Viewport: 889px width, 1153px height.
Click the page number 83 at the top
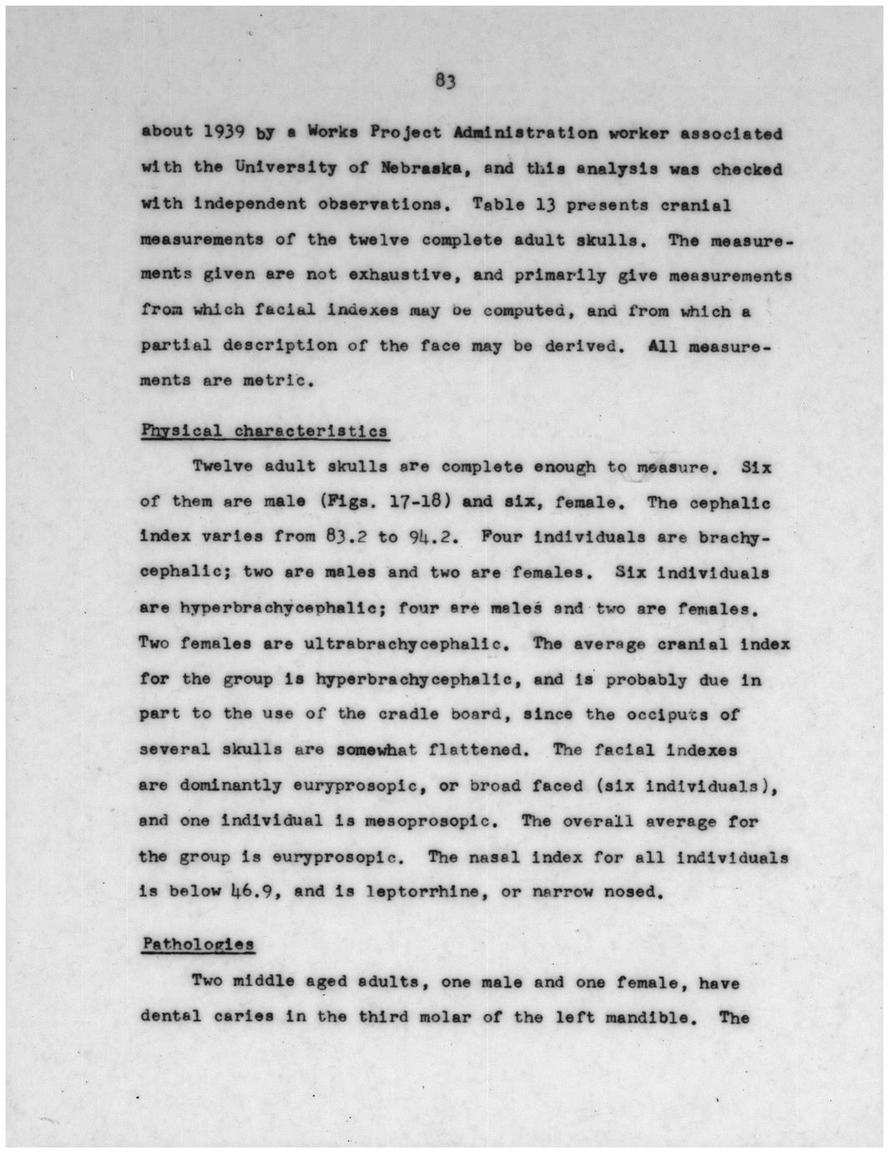coord(444,81)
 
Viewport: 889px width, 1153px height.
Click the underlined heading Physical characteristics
coord(264,431)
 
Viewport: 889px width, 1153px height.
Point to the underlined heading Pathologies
coord(198,944)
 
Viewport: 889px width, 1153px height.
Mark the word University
coord(285,167)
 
